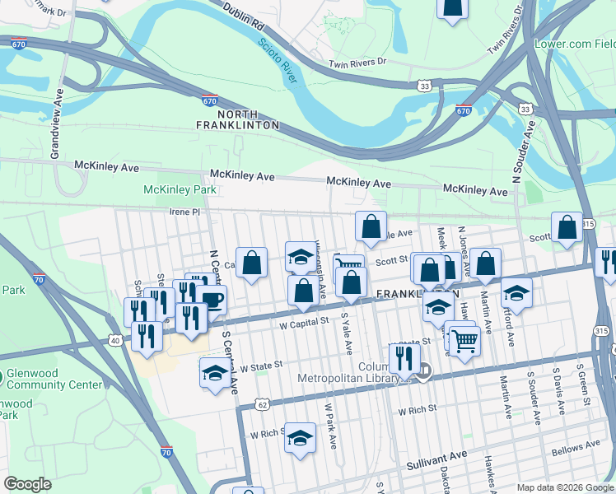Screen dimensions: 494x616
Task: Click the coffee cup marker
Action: coord(211,299)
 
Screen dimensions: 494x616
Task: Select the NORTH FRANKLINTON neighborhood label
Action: coord(238,119)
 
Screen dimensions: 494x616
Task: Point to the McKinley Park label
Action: coord(180,189)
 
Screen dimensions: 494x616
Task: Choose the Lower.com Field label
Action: coord(575,44)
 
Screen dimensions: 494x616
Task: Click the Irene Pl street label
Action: coord(184,212)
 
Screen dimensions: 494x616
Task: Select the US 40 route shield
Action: coord(114,339)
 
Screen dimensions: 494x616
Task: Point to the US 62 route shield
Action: coord(262,404)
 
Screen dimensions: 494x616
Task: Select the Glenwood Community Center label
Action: coord(33,379)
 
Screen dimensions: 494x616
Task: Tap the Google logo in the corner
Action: coord(27,484)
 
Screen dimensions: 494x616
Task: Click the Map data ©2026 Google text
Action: coord(564,487)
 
